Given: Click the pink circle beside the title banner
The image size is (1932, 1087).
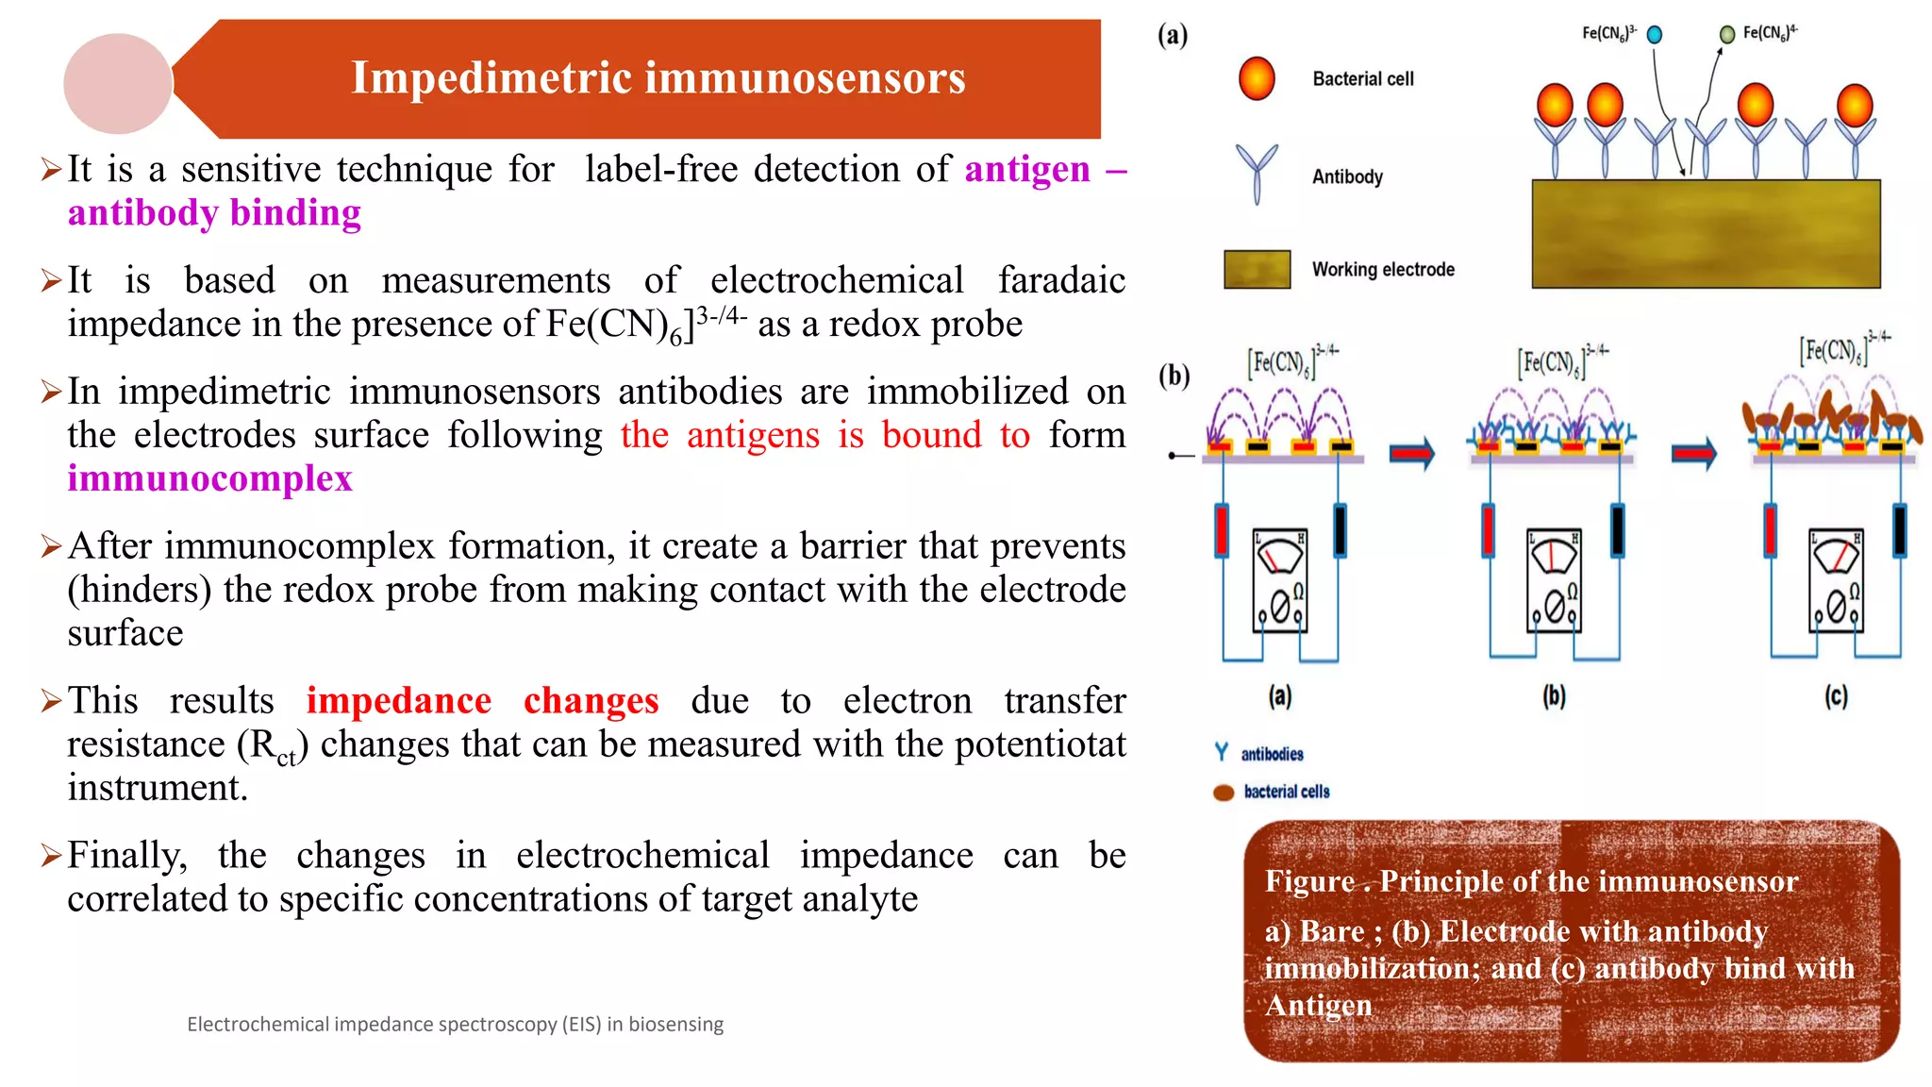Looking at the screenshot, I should [118, 83].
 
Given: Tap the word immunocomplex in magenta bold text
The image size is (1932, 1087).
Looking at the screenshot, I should [209, 478].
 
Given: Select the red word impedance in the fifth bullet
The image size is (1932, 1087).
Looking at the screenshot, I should [398, 700].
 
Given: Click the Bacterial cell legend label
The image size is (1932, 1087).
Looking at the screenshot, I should [1362, 79].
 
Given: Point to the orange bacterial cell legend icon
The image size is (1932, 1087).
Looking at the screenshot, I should [1257, 78].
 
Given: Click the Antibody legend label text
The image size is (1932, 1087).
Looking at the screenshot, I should [1347, 176].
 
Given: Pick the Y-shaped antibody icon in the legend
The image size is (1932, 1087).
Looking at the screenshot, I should [1257, 173].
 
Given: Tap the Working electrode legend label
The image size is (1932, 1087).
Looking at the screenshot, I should [1383, 270].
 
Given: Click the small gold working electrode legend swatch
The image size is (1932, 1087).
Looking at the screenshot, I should [1257, 269].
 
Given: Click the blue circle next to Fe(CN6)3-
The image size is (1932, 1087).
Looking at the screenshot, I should [1654, 35].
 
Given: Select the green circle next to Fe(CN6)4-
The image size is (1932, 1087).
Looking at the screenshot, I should [1727, 35].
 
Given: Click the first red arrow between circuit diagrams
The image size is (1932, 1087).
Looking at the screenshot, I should [1411, 454].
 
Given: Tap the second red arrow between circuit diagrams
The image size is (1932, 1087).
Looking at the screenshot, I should [1693, 454].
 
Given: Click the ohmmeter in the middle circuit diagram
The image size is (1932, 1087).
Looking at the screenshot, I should [1554, 580].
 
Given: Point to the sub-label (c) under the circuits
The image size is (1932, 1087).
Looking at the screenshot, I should [1835, 696].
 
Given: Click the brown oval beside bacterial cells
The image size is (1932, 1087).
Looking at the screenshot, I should [1224, 793].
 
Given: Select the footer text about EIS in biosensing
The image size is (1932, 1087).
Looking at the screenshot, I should [455, 1024].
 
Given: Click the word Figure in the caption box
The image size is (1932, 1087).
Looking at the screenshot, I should [1309, 881].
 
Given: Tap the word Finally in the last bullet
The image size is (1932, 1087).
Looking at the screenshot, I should [127, 855].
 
